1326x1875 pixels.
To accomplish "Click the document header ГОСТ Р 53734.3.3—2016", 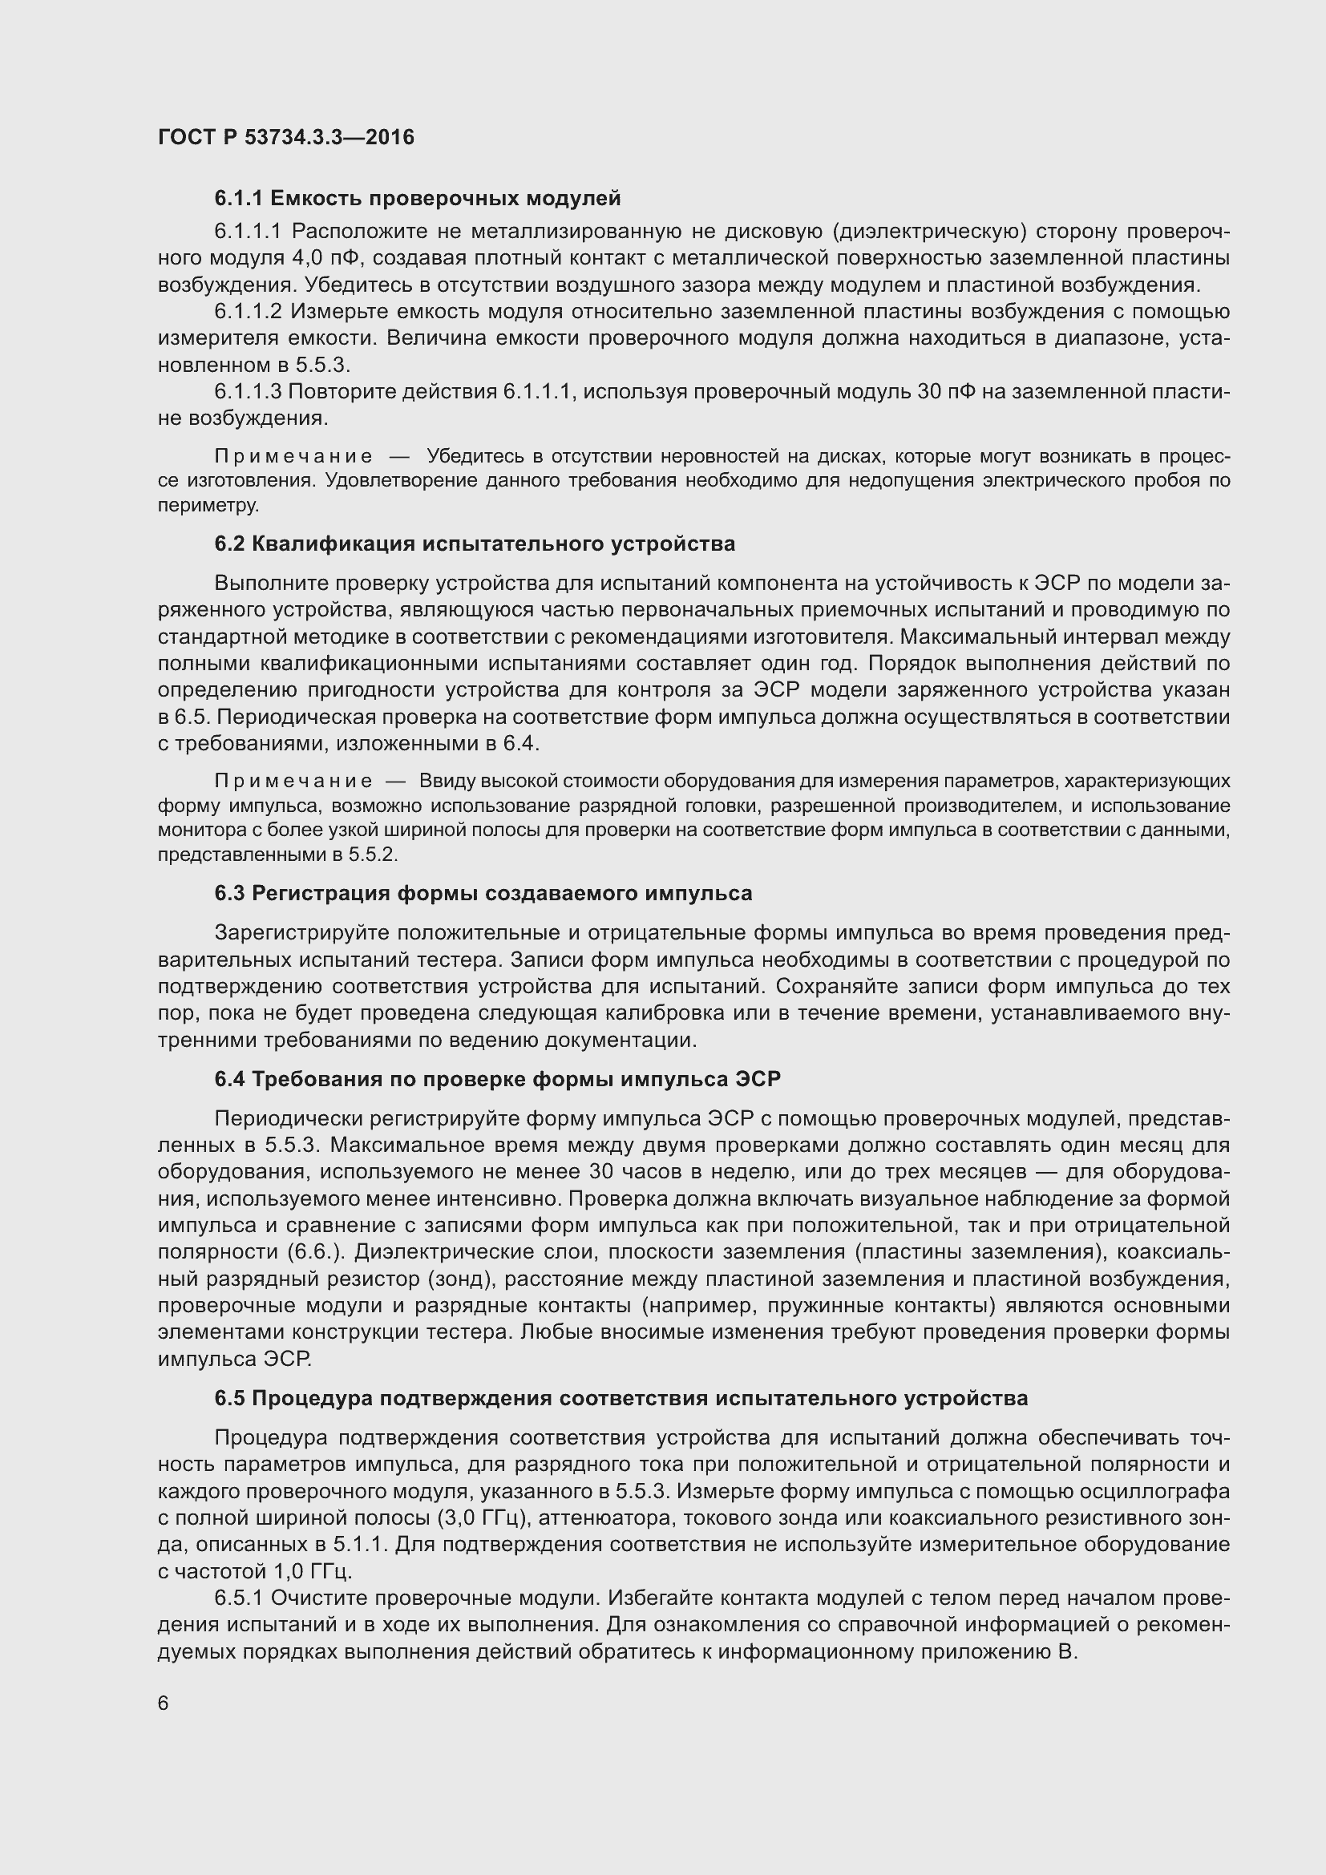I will [x=285, y=137].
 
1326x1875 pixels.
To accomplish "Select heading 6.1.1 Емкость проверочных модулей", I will [x=417, y=199].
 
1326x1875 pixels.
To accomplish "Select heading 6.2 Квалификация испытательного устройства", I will [x=475, y=544].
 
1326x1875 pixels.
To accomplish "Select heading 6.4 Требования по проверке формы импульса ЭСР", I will [x=497, y=1080].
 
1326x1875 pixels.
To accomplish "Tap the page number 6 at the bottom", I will [x=164, y=1703].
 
